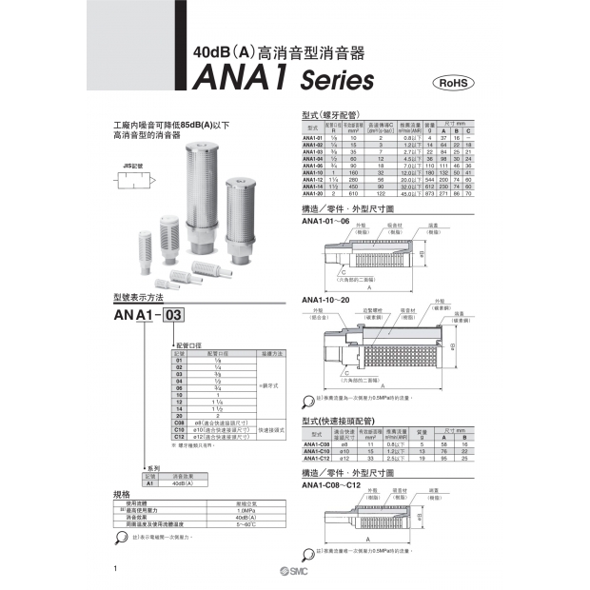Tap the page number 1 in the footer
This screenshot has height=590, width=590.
click(x=115, y=569)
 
